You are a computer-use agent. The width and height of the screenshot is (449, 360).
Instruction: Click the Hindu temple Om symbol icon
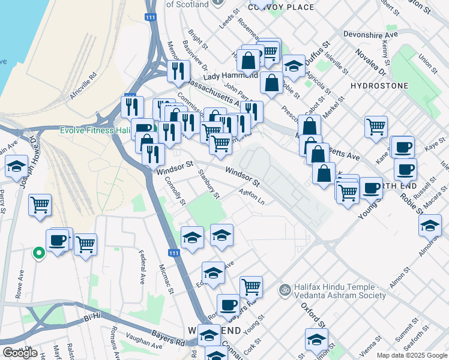pos(285,289)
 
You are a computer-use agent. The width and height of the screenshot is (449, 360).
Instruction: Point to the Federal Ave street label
pos(143,267)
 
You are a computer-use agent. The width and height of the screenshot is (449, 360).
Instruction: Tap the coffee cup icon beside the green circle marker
pos(58,241)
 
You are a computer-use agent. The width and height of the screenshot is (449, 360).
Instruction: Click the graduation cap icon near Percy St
pos(16,166)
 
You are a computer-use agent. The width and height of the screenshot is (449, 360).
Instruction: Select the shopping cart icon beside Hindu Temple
pos(251,287)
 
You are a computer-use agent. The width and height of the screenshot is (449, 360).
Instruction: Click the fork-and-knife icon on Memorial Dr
pos(178,70)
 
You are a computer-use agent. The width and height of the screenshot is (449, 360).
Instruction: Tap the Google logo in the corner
pos(20,353)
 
